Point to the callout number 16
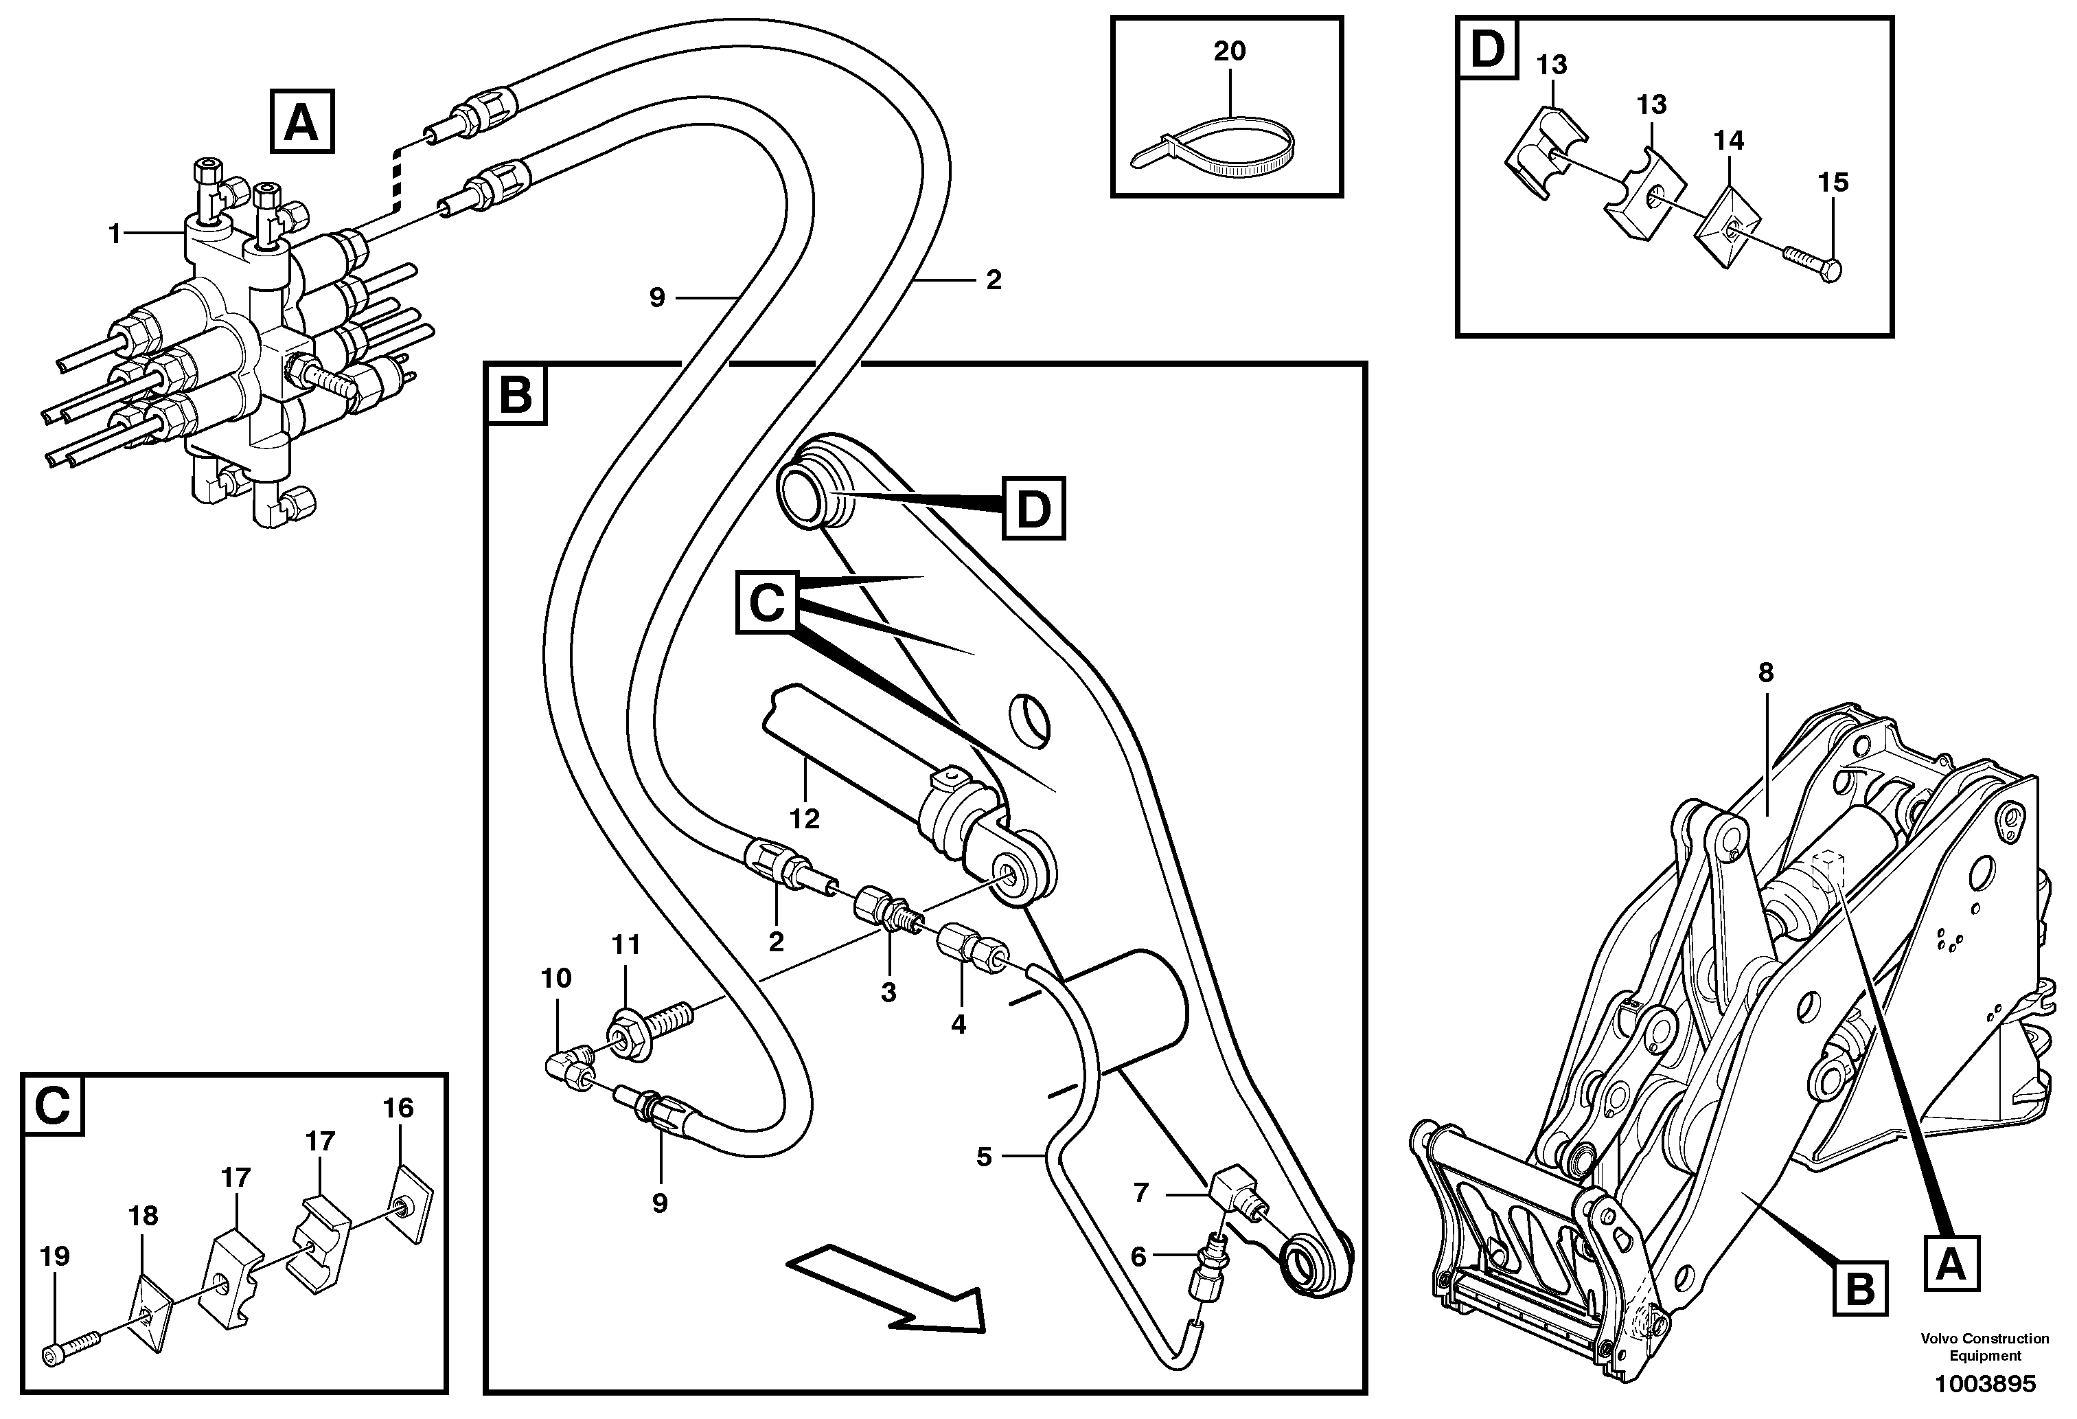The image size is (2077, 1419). [x=399, y=1108]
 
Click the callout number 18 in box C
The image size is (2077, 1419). [x=143, y=1215]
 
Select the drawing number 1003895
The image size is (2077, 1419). [x=1984, y=1384]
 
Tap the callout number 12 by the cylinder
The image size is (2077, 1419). [x=804, y=819]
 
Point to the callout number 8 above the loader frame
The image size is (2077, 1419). [x=1765, y=672]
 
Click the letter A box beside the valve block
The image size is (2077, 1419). [x=301, y=122]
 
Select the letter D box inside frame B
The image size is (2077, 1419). [x=1033, y=509]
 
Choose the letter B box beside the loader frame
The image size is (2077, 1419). [x=1860, y=1289]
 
